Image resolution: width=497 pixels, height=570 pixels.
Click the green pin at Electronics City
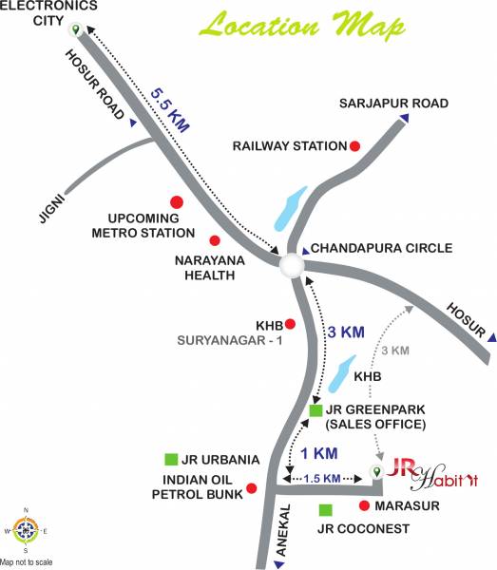click(74, 29)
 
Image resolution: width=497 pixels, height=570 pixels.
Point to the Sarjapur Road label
click(392, 103)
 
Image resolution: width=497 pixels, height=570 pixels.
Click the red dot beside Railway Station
click(354, 145)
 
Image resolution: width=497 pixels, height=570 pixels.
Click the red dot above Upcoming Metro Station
click(176, 201)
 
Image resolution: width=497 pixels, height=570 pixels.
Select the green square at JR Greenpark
click(316, 410)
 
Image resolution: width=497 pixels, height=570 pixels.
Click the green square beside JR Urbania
click(171, 459)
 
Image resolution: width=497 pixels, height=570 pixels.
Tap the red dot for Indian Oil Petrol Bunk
click(252, 489)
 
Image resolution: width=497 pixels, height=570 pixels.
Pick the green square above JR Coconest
click(326, 509)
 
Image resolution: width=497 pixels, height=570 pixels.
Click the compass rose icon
click(26, 529)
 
